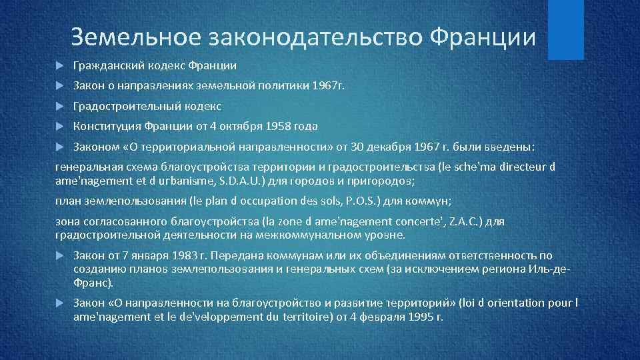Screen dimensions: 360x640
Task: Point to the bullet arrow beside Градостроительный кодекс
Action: pyautogui.click(x=59, y=106)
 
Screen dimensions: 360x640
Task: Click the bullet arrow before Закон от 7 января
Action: pyautogui.click(x=59, y=255)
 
